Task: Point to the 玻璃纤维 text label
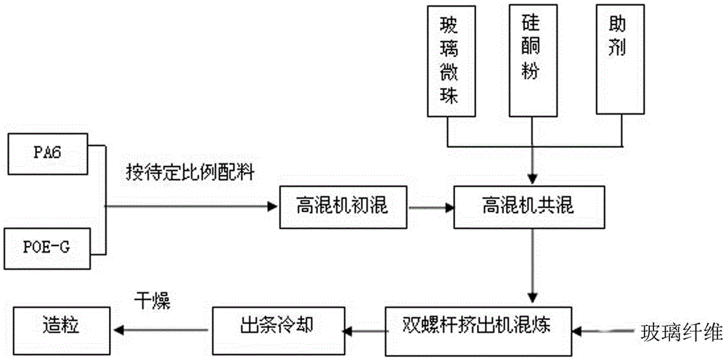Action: coord(681,333)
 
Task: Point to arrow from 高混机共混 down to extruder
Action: coord(534,266)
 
